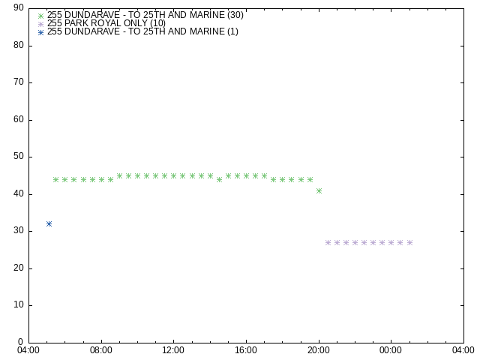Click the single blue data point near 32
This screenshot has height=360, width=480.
49,224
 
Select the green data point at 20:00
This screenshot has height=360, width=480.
319,190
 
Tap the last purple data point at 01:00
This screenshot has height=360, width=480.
410,243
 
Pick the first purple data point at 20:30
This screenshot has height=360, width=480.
328,243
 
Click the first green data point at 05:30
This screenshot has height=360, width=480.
55,180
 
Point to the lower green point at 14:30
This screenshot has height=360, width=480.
219,180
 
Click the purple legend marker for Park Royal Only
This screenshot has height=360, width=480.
40,24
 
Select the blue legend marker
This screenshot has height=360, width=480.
40,32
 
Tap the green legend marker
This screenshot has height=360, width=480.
40,16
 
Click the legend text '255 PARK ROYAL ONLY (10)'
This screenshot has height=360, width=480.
106,23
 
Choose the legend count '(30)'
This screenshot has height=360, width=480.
235,15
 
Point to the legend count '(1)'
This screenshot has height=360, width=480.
232,31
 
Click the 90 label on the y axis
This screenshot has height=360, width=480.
19,7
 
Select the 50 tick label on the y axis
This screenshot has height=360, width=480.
19,157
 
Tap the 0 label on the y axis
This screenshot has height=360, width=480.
20,342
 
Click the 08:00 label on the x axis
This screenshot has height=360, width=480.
101,350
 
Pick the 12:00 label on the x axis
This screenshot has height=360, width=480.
173,350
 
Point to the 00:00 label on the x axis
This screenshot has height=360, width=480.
391,350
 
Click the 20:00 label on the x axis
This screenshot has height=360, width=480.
319,350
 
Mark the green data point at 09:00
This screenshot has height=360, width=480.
119,176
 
